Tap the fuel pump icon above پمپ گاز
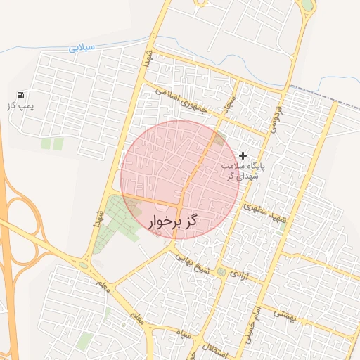21,95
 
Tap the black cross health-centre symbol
243,155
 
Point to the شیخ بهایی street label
188,261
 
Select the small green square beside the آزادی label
221,271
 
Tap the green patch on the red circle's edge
219,138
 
